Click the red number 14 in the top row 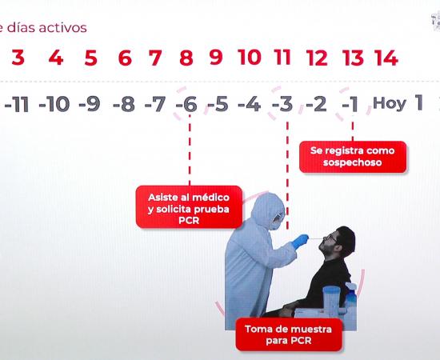[386, 58]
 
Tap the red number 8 [186, 58]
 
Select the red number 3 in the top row [18, 58]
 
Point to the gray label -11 [17, 104]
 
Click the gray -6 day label [186, 104]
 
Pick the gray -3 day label [282, 104]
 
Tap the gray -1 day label [350, 104]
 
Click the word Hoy [390, 104]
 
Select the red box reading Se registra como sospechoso [353, 157]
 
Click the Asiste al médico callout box [189, 206]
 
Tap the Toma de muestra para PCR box [289, 334]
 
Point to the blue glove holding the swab [300, 241]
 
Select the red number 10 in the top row [249, 58]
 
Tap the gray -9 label [90, 104]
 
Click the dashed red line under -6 [190, 150]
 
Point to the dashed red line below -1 [353, 130]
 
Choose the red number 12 [317, 58]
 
